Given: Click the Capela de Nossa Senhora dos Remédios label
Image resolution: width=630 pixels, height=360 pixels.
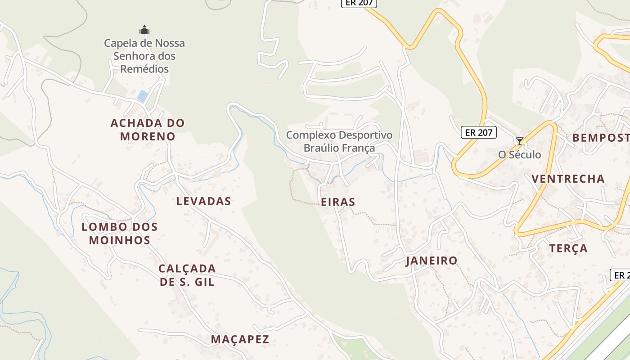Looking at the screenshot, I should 144,56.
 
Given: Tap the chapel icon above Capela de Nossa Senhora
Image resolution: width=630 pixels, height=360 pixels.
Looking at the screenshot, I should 144,30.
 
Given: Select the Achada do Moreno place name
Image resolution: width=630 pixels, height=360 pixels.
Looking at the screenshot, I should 148,129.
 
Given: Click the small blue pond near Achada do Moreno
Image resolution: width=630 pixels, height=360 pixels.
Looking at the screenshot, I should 143,96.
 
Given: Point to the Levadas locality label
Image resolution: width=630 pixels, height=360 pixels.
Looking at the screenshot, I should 203,201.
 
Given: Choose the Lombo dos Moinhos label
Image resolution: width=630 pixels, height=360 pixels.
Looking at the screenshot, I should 120,233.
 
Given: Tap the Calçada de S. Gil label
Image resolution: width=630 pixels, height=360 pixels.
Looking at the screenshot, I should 187,275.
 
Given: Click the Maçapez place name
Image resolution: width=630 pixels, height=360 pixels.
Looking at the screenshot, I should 240,339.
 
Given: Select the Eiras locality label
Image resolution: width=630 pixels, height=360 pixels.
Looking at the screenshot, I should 338,202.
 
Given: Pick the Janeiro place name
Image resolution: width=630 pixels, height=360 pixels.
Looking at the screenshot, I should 432,261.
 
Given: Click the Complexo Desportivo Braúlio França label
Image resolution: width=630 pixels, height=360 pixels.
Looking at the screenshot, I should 339,141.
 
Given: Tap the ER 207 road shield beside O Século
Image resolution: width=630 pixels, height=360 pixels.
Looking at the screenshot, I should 479,132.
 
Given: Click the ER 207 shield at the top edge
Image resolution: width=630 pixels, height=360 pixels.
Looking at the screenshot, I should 359,3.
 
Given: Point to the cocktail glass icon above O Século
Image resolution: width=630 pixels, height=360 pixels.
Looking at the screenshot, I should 520,141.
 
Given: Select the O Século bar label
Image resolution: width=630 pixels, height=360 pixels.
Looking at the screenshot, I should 519,154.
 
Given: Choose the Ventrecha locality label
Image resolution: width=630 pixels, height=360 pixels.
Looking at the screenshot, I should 568,179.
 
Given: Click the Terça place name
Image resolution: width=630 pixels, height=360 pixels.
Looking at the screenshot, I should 568,248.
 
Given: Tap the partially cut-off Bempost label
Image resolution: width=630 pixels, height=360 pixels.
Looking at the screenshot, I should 601,138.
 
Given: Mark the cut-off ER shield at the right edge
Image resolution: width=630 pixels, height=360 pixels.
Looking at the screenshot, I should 621,275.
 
